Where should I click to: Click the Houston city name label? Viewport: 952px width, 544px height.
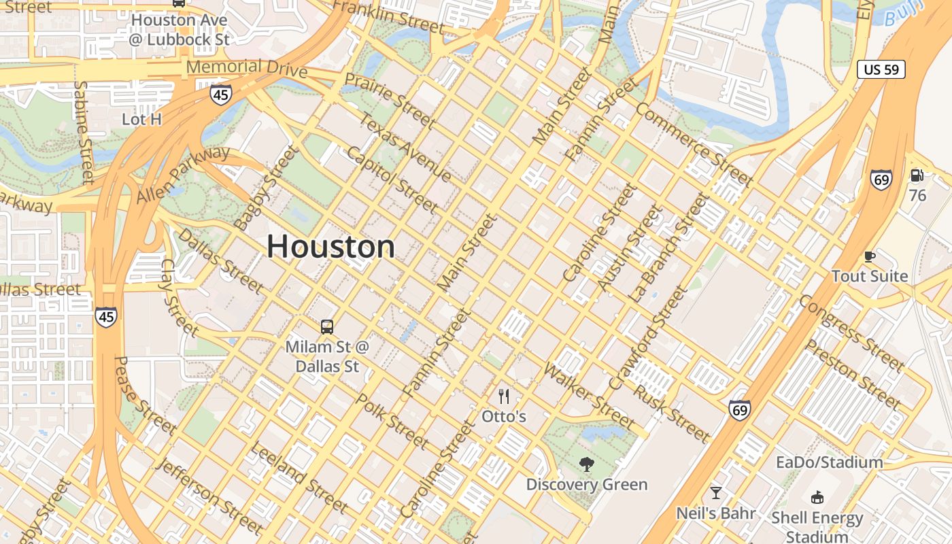[330, 246]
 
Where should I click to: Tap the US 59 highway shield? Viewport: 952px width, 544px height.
[881, 69]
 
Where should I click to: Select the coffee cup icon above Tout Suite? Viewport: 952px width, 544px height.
[869, 256]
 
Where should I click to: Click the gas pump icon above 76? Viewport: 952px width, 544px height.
[917, 175]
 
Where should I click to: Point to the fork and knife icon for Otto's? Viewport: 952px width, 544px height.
[504, 396]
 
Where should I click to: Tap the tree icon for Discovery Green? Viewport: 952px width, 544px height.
[586, 465]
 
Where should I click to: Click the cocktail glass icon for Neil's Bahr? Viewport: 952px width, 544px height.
[715, 493]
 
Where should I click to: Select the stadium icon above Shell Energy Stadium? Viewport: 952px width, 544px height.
[817, 498]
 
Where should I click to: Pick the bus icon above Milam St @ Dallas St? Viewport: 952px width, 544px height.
[327, 327]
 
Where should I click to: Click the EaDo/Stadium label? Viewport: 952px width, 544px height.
[830, 462]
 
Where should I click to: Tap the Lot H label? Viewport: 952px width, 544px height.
[141, 120]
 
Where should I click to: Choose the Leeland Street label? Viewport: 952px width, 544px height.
[299, 477]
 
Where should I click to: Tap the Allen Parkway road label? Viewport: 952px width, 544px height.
[183, 174]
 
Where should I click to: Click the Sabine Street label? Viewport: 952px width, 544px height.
[84, 133]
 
